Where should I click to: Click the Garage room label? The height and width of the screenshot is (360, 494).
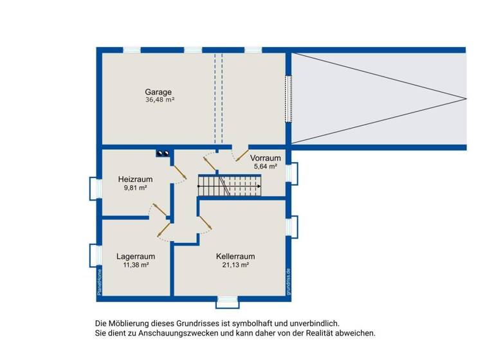click(158, 92)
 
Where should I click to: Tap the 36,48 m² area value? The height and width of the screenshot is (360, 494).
click(160, 100)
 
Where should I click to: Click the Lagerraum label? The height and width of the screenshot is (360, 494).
click(136, 256)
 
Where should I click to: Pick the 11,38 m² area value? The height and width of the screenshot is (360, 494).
click(135, 265)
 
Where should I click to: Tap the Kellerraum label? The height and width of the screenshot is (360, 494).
click(235, 256)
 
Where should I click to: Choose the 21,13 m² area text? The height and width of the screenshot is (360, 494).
click(235, 265)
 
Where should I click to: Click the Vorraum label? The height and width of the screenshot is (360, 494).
click(266, 157)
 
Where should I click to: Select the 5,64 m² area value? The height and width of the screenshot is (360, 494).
click(264, 166)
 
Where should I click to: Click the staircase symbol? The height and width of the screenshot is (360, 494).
click(230, 186)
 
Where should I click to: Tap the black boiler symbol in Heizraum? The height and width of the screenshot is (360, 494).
click(162, 153)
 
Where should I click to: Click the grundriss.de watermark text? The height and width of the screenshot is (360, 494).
click(289, 281)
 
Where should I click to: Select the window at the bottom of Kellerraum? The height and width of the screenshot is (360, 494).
click(226, 300)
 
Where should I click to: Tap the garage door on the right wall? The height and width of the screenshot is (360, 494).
click(289, 98)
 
